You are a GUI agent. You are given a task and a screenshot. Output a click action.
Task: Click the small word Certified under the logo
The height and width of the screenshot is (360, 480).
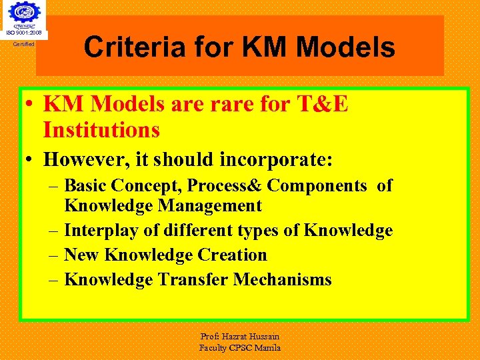[24, 45]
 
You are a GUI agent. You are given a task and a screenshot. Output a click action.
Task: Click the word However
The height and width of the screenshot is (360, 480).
[82, 160]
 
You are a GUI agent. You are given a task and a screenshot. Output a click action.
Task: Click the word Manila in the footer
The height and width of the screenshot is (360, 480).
[266, 348]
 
